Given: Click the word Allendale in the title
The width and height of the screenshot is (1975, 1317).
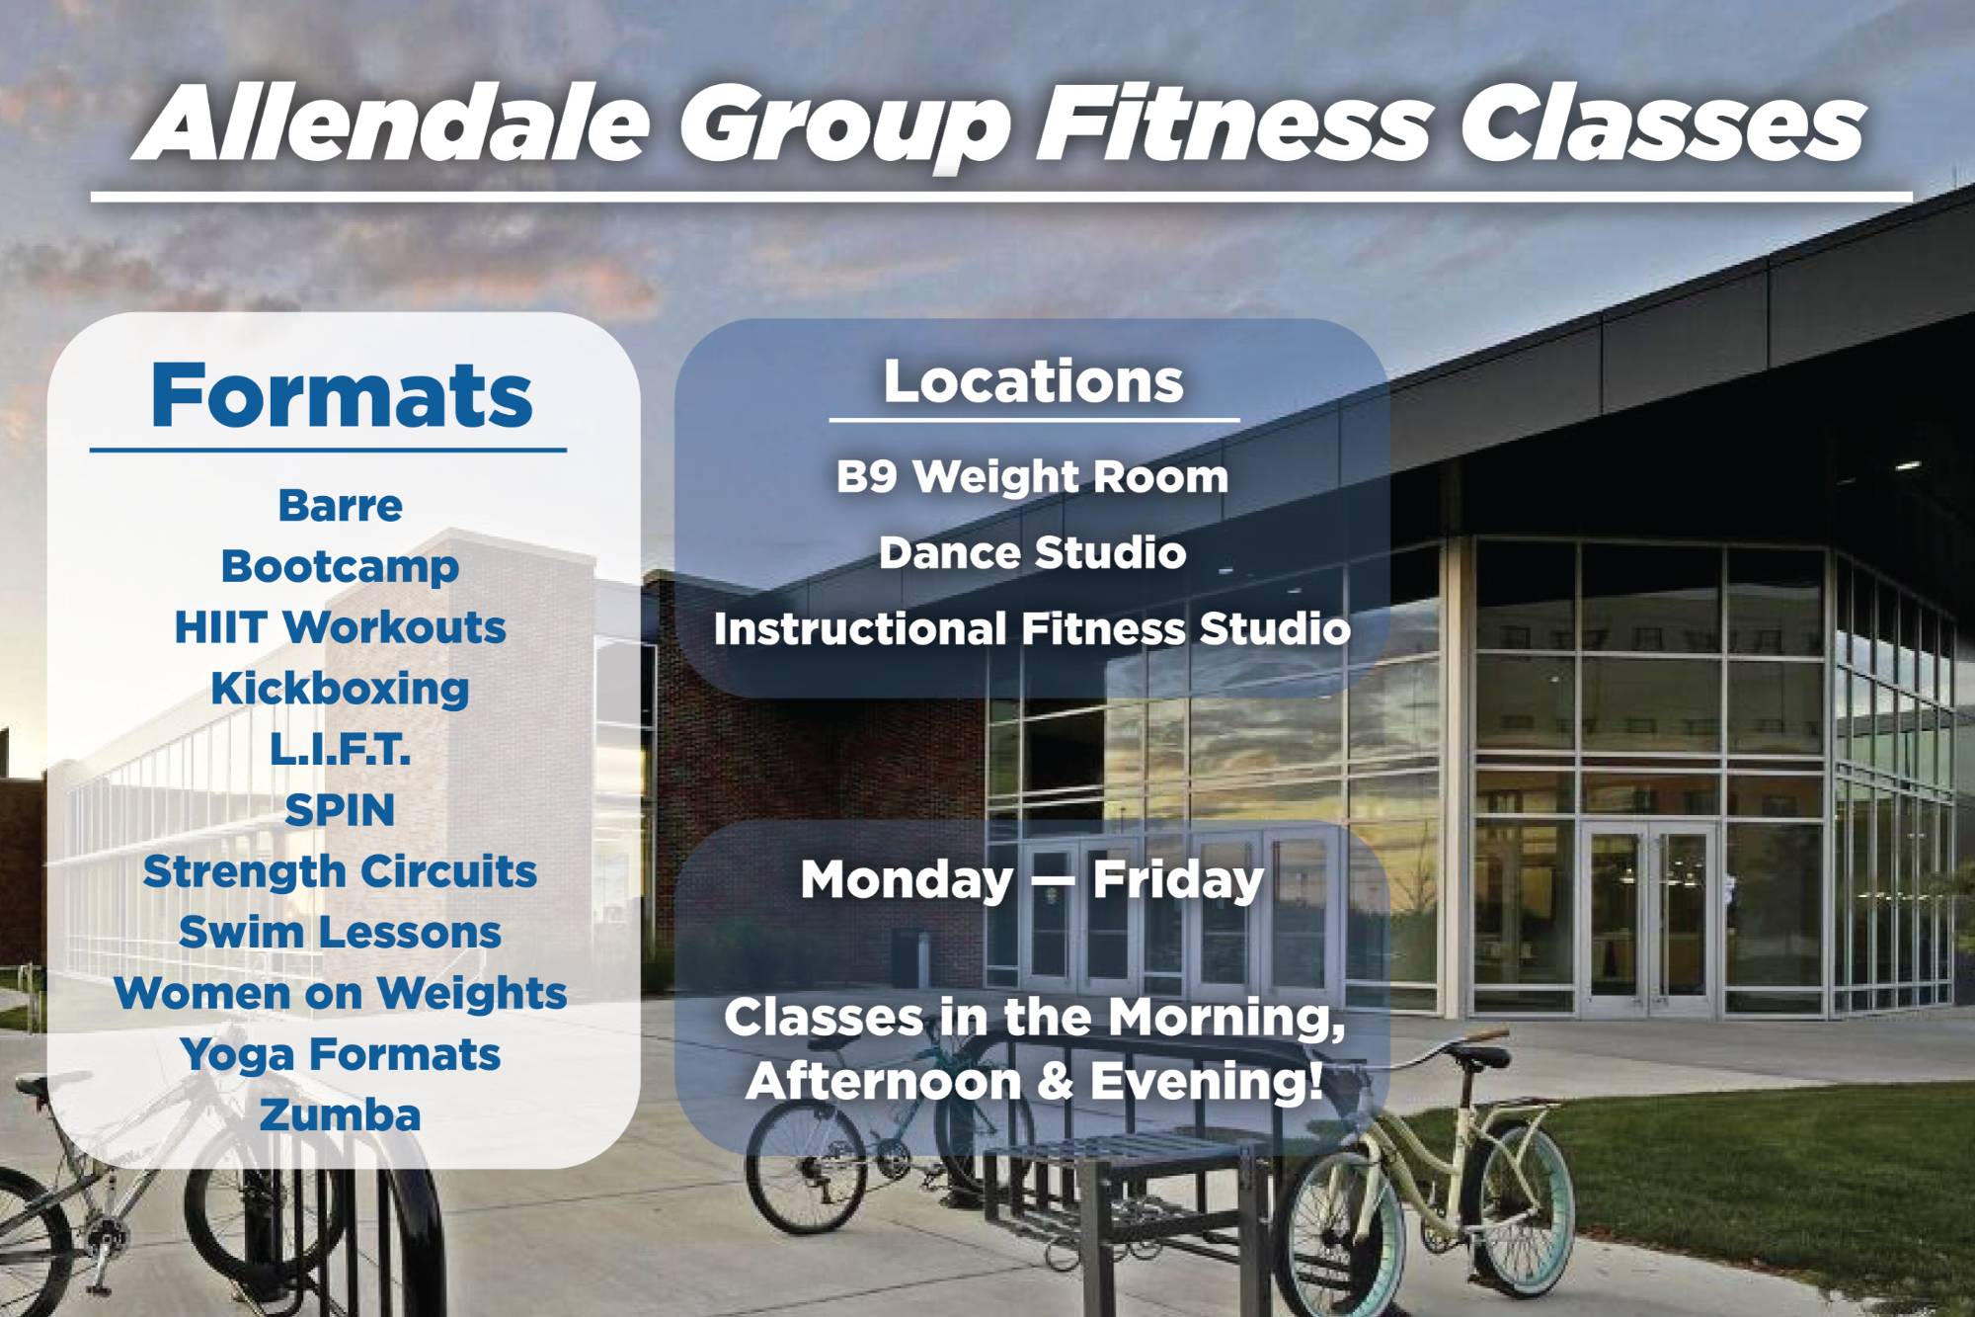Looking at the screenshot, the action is [x=395, y=124].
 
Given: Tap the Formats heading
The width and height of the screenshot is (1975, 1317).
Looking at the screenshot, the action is [x=342, y=395].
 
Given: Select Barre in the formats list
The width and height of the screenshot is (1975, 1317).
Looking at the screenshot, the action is [x=341, y=506].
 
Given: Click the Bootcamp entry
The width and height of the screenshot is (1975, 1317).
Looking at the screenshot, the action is [x=341, y=567].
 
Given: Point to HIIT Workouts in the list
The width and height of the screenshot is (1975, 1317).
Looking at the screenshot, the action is [x=341, y=627].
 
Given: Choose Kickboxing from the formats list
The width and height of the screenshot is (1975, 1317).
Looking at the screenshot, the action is [x=341, y=689].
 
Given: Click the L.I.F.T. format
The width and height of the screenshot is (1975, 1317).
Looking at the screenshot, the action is [x=341, y=750].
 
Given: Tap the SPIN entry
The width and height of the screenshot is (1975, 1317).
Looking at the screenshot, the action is [x=341, y=810].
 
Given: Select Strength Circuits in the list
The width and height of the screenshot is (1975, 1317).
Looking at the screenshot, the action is [x=341, y=872].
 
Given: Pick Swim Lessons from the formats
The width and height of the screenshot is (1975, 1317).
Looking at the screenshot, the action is [x=341, y=933].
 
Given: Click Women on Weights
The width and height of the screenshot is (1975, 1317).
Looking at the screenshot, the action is [x=341, y=994].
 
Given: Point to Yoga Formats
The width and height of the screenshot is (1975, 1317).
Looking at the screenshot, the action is [x=341, y=1055].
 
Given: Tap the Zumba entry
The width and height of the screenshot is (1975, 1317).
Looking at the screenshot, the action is [x=341, y=1115].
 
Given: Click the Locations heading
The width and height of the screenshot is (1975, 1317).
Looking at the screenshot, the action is [x=1034, y=381].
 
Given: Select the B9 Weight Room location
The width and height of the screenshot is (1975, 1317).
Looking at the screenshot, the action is [x=1033, y=477].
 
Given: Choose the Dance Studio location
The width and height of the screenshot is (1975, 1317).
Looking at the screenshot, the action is [x=1033, y=552].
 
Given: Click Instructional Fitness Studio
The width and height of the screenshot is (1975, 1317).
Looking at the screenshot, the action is [x=1033, y=629].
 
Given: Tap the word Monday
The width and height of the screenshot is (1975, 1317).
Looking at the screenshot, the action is [x=908, y=881].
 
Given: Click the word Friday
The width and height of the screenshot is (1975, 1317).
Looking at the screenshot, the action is [x=1178, y=881].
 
